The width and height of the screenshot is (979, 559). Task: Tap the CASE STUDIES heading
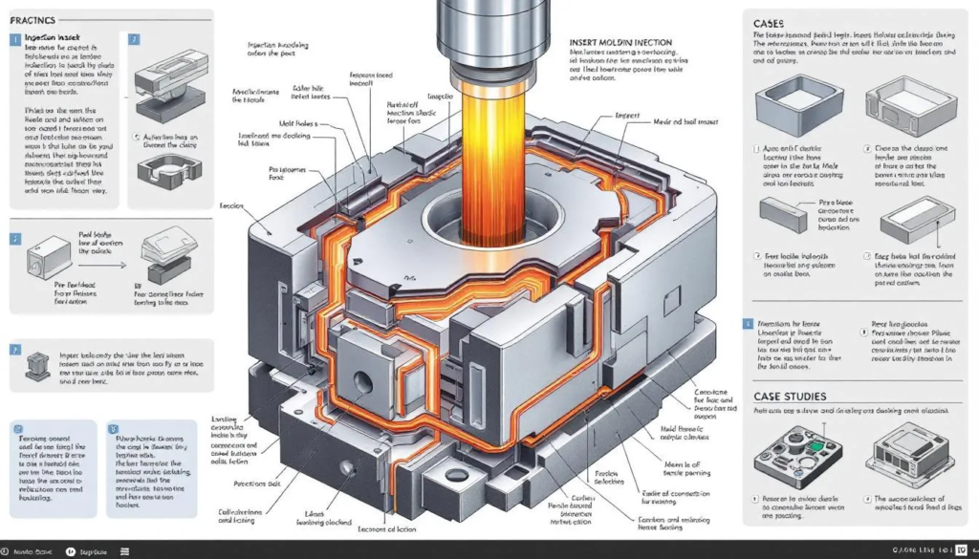point(790,395)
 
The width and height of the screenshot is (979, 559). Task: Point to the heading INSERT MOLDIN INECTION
point(620,43)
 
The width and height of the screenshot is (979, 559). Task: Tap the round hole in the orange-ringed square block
point(361,380)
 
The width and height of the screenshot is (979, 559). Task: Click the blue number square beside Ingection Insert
point(15,40)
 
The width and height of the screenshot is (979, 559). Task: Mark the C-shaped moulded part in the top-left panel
point(168,172)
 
